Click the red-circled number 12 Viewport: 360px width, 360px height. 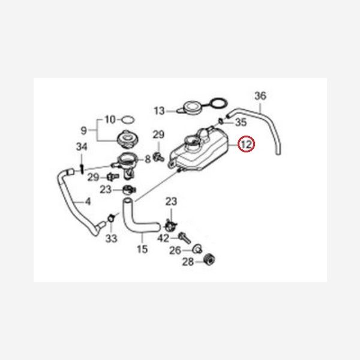tap(247, 145)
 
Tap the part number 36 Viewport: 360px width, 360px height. tap(260, 95)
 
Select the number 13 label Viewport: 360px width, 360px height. tap(159, 111)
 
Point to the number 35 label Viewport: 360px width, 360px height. tap(241, 122)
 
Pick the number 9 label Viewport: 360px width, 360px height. tap(84, 130)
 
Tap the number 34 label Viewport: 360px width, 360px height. tap(82, 147)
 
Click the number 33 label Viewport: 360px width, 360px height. tap(111, 239)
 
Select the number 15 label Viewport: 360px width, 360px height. tap(142, 248)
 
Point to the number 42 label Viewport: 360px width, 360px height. tap(163, 238)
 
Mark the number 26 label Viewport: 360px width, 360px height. tap(175, 250)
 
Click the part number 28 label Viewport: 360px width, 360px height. tap(187, 262)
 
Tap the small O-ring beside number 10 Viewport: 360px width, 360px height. tap(127, 119)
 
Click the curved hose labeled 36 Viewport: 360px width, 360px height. tap(270, 129)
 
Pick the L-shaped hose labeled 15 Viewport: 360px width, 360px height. tap(135, 221)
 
